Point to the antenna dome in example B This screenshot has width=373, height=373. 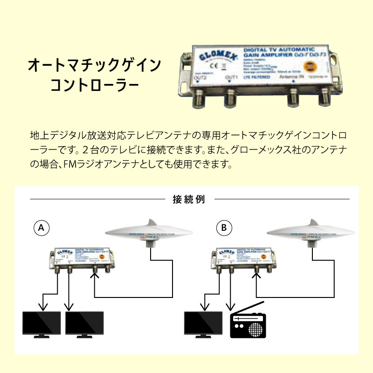coord(310,231)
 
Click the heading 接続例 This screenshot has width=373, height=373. coord(186,200)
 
